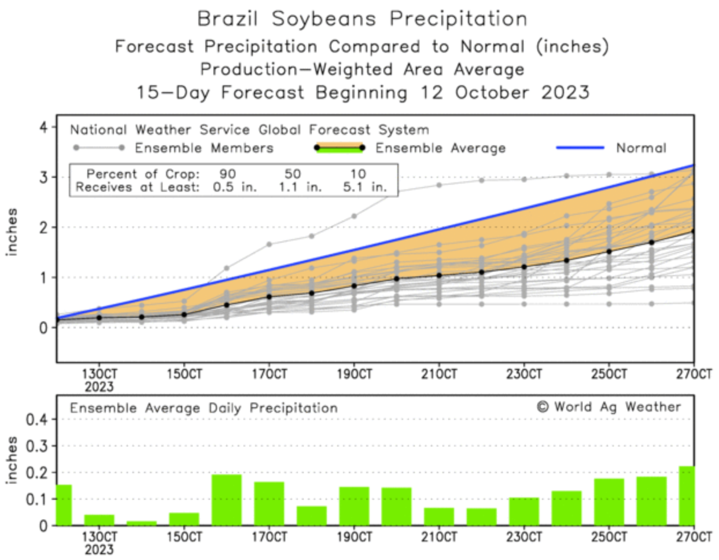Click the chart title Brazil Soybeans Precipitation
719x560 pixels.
click(x=362, y=19)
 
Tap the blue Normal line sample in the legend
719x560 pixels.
click(x=580, y=148)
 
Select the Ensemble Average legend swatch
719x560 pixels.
click(x=339, y=148)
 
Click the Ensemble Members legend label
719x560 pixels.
click(x=204, y=148)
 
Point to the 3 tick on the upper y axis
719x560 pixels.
click(x=44, y=177)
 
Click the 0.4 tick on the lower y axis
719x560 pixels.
click(x=36, y=419)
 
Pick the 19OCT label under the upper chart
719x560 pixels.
click(x=354, y=374)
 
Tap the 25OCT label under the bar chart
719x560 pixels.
click(x=609, y=537)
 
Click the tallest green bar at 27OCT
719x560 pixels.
click(x=687, y=496)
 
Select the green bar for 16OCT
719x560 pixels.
click(x=226, y=500)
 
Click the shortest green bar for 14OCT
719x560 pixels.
click(x=142, y=523)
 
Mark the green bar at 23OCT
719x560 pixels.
click(x=523, y=511)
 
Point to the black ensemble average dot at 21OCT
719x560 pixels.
click(x=439, y=275)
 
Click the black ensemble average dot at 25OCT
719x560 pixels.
click(x=609, y=251)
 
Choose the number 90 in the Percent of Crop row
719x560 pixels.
click(x=227, y=174)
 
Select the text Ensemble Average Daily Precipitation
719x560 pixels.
click(x=204, y=408)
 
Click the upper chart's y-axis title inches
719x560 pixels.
click(x=12, y=232)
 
